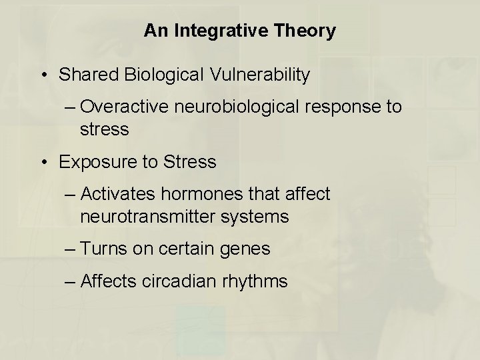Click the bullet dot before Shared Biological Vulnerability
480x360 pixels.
(x=43, y=75)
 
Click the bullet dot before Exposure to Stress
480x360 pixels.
(x=43, y=162)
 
